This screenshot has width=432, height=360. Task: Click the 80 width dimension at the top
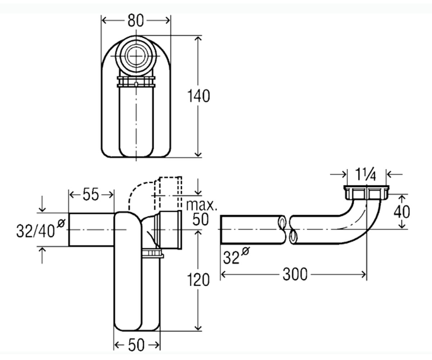click(135, 21)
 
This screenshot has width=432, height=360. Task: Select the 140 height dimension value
click(198, 96)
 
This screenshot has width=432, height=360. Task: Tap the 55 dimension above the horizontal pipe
click(91, 194)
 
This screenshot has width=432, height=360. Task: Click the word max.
click(201, 205)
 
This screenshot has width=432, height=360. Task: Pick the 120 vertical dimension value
click(198, 279)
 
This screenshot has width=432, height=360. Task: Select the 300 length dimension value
click(295, 274)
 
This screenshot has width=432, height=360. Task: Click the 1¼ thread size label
click(366, 174)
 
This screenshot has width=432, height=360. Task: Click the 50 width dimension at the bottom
click(136, 345)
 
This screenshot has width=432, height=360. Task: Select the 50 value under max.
click(200, 219)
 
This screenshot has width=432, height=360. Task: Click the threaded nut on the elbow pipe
click(366, 192)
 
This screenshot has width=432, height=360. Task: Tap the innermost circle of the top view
click(136, 56)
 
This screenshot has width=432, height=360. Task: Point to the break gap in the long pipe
click(288, 230)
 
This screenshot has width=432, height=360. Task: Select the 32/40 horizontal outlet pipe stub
click(91, 229)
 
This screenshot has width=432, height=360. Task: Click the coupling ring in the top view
click(136, 82)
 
